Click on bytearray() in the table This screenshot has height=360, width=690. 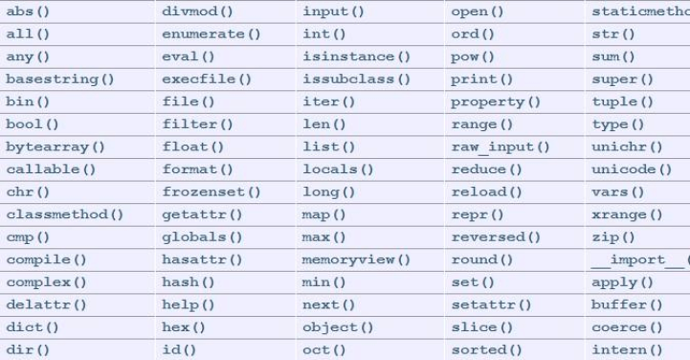pos(55,146)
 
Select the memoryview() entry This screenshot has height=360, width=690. pos(355,259)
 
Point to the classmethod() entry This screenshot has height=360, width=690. pos(63,214)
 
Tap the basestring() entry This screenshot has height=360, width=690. pos(59,79)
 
